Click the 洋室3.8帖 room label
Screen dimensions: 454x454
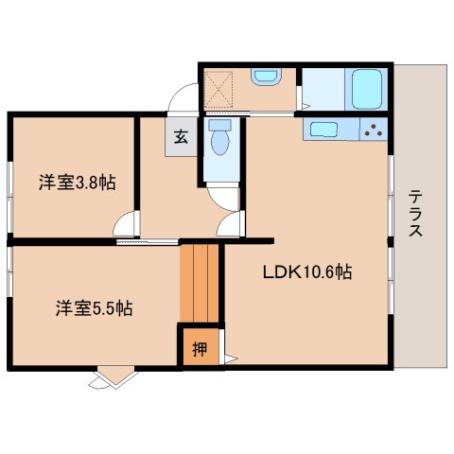tap(78, 183)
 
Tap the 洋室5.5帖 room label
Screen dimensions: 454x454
tap(93, 307)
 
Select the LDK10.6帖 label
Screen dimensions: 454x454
tap(306, 273)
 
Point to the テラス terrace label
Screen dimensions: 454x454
tap(416, 216)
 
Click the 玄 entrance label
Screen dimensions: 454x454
tap(180, 135)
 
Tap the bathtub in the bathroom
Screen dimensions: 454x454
tap(365, 89)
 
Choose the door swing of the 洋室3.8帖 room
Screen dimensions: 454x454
tap(124, 228)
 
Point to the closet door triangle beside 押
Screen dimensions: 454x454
tap(229, 358)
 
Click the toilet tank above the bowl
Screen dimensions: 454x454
tap(220, 124)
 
